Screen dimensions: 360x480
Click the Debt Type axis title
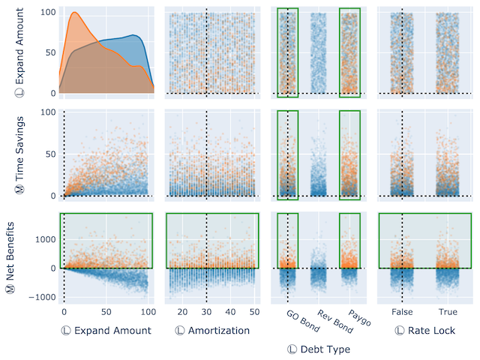pyautogui.click(x=319, y=349)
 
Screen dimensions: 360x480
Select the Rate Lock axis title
pyautogui.click(x=424, y=330)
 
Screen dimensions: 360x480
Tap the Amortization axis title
pyautogui.click(x=211, y=330)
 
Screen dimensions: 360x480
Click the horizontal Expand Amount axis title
pyautogui.click(x=106, y=330)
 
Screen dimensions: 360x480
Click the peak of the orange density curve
pyautogui.click(x=74, y=13)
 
